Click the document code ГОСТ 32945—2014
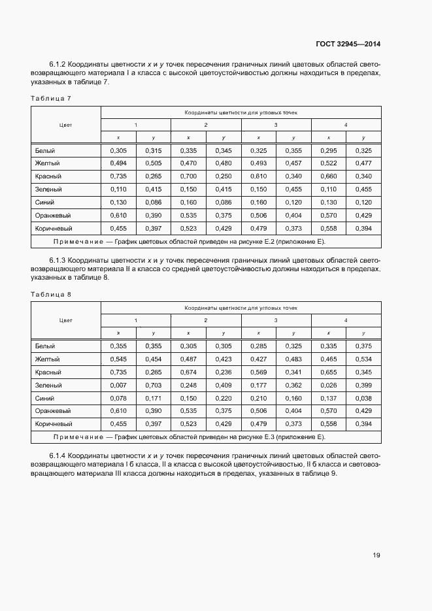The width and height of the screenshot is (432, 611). coord(347,44)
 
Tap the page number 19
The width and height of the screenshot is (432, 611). coord(376,555)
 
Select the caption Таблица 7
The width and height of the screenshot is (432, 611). coord(50,98)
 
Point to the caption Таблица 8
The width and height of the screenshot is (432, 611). coord(50,294)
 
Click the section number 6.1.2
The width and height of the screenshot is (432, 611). coord(58,64)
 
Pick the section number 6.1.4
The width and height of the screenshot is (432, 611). coord(58,455)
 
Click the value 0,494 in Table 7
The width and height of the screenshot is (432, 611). coord(118,163)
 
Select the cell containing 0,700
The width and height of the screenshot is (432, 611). coord(188,176)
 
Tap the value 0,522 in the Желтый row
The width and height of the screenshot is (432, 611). coord(329,163)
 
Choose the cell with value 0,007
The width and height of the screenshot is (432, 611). coord(118,386)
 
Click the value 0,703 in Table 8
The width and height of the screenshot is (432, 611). coord(153,386)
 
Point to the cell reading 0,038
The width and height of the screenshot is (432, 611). coord(364,399)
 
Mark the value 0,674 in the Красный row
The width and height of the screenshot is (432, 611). coord(188,372)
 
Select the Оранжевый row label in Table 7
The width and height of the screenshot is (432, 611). coord(53,216)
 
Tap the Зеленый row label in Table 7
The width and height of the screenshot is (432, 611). coord(48,190)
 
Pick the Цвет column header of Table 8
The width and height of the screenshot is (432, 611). coord(65,320)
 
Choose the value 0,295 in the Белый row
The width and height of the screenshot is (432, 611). coord(329,150)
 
